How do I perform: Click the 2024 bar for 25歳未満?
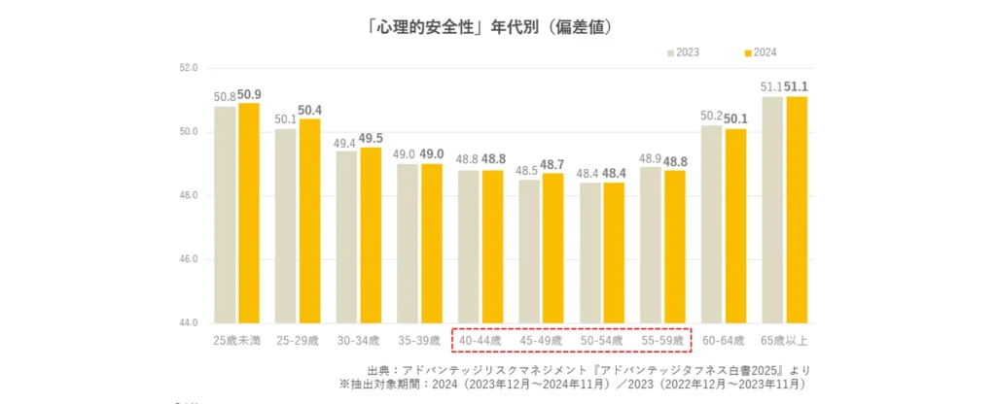click(249, 214)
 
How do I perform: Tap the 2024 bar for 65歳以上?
click(797, 210)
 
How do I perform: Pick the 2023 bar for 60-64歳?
click(711, 224)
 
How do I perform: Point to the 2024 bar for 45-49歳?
click(552, 248)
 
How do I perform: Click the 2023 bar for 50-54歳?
click(590, 252)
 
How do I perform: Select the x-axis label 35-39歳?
click(419, 341)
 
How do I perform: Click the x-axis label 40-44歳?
click(480, 341)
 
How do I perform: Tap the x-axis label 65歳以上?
click(785, 341)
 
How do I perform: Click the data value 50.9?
click(250, 95)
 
